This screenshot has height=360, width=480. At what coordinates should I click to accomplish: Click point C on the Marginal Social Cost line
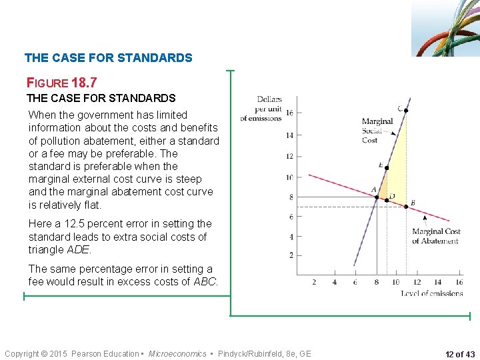tap(405, 110)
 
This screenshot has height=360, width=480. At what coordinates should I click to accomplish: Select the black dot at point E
tap(386, 168)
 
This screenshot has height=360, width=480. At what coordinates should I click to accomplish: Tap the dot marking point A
tap(377, 197)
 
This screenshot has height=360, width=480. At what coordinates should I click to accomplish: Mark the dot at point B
tap(406, 206)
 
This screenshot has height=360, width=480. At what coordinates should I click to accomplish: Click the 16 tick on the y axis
tap(289, 113)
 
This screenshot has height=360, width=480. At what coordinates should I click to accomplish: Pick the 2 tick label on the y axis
tap(291, 255)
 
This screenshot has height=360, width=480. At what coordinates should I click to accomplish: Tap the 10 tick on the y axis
tap(289, 177)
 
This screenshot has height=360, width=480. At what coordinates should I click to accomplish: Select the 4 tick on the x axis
tap(335, 282)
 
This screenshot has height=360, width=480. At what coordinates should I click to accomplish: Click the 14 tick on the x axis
tap(437, 282)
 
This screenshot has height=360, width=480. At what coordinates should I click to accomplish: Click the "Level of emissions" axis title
tap(431, 293)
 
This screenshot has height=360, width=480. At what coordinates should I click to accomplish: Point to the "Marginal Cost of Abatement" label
tap(435, 236)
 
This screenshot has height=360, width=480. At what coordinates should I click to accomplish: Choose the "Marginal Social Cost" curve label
tap(377, 131)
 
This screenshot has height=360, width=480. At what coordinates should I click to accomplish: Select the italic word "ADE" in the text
tap(79, 249)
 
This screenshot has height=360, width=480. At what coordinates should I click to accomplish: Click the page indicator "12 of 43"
tap(460, 354)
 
